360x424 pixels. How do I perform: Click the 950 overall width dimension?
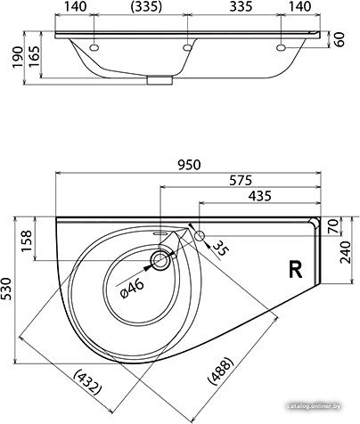[190, 165]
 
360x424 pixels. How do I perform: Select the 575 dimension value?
[241, 180]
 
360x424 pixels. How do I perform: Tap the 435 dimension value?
[260, 196]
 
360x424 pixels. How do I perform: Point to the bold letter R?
[296, 269]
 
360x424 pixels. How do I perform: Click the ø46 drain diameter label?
[133, 289]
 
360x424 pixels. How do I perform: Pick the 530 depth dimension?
[6, 289]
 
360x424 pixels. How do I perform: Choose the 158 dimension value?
[27, 241]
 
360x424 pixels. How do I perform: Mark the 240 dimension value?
[346, 252]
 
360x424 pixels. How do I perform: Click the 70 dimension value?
[334, 226]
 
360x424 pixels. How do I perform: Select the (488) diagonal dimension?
[221, 371]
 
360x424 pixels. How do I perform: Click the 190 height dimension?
[18, 57]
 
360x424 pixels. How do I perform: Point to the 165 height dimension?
[34, 57]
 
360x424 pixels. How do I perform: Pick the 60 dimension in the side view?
[340, 39]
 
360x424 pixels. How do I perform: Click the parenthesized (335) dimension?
[147, 7]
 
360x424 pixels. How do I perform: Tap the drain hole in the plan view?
[161, 260]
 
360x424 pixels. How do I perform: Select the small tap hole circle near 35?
[200, 236]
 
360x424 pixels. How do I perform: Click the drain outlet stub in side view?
[160, 80]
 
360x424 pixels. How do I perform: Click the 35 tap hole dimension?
[221, 248]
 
